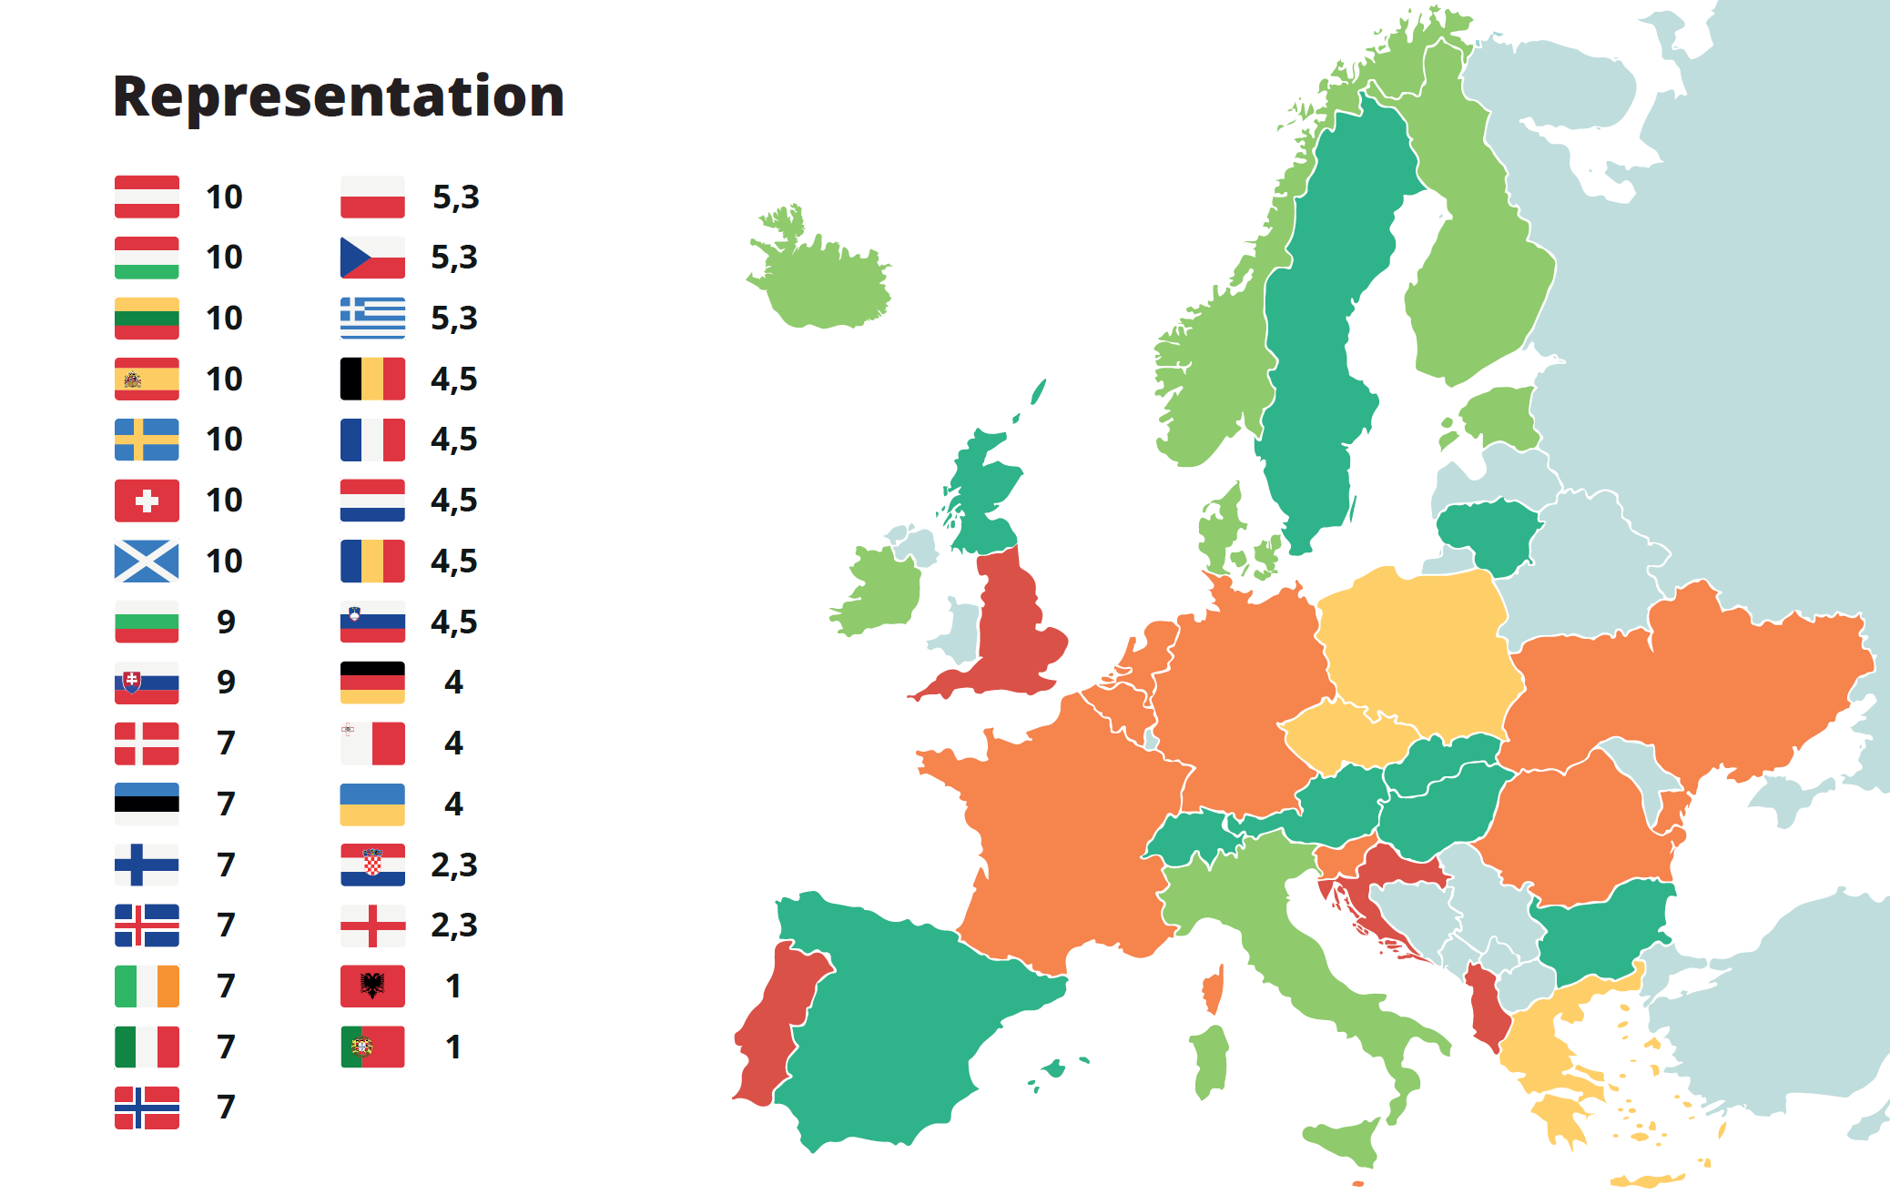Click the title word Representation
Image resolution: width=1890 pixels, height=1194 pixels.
point(339,96)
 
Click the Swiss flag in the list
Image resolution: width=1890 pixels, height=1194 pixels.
point(147,501)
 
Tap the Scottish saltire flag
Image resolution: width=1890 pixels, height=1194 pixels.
point(147,562)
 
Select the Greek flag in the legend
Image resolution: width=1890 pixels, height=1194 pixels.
point(372,319)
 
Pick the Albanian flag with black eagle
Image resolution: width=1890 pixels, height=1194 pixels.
point(372,987)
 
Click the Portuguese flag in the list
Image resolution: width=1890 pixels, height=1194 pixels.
point(372,1047)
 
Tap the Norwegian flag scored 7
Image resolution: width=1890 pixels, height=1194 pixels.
point(147,1108)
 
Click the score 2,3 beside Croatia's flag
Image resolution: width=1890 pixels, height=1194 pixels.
point(453,865)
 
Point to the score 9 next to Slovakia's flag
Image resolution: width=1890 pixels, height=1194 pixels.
point(226,683)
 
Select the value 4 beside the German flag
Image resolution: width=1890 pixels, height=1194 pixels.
point(453,683)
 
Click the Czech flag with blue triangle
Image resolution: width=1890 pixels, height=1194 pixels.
point(372,258)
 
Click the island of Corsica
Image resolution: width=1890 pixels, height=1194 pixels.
point(1214,991)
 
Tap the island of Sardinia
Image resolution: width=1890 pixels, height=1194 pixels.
point(1210,1060)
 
